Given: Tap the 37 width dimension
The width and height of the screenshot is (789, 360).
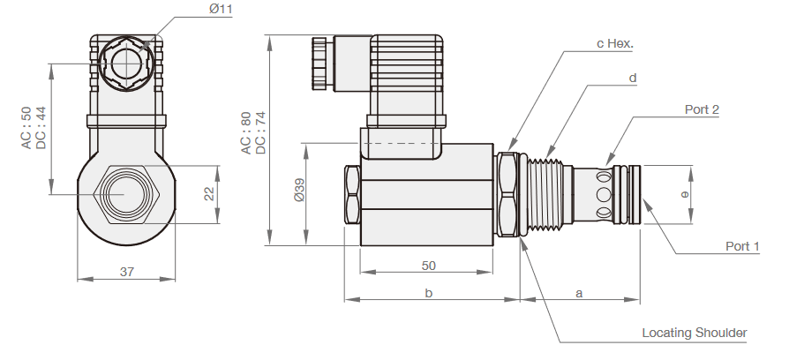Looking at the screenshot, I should [126, 272].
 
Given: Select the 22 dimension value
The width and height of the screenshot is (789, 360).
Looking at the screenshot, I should [210, 193].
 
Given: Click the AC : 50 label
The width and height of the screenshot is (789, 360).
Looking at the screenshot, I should [26, 128].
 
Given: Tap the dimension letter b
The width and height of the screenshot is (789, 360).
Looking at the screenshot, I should [428, 293].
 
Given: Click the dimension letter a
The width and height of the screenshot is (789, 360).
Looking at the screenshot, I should [579, 293].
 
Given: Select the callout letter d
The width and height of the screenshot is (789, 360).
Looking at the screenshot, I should [633, 78].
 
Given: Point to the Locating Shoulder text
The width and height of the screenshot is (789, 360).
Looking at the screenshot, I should [694, 333].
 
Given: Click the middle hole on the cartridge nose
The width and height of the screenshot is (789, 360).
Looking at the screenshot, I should [604, 194].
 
